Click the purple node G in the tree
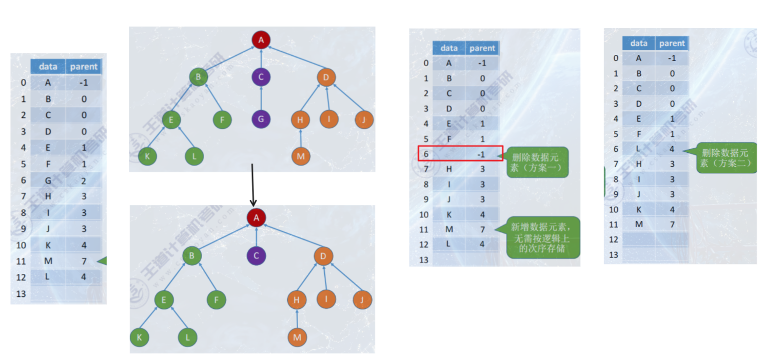tap(261, 119)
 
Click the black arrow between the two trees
tap(252, 185)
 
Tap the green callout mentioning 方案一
tap(537, 162)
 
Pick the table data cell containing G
tap(48, 181)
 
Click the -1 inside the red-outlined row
tap(482, 154)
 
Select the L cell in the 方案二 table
tap(639, 149)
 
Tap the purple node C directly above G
tap(261, 77)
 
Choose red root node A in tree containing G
tap(261, 39)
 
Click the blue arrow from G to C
tap(261, 98)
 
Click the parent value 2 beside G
tap(84, 181)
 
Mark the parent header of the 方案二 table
tap(672, 44)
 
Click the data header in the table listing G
tap(48, 67)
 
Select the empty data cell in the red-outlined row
tap(449, 154)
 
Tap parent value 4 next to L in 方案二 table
tap(672, 149)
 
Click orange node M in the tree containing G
tap(301, 156)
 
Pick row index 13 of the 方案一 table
tap(424, 259)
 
